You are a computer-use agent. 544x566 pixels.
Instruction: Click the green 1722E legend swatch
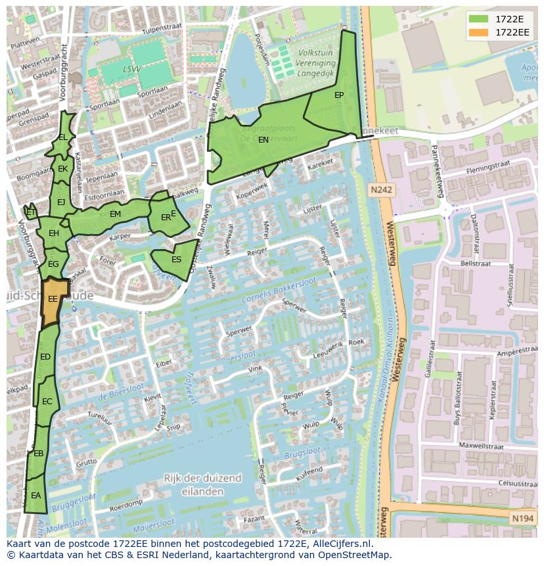(478, 19)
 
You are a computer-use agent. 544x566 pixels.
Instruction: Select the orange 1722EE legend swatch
(478, 32)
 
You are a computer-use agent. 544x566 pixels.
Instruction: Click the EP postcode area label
(339, 95)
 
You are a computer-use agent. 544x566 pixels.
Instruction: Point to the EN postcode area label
(263, 140)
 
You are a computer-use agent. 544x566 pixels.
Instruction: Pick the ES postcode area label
(176, 260)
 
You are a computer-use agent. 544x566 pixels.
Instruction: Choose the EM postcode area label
(116, 214)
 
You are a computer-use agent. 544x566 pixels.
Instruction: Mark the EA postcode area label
(35, 496)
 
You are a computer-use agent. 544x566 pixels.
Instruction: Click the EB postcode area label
(38, 454)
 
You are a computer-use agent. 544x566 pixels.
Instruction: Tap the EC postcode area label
(47, 402)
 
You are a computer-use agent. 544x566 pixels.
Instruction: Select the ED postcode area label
(45, 357)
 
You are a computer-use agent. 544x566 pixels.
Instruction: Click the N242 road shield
(381, 190)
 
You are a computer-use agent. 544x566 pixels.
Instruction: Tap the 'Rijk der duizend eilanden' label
(202, 484)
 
